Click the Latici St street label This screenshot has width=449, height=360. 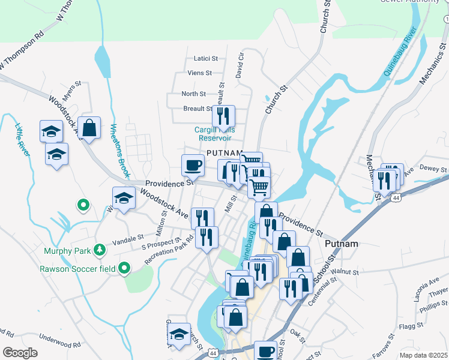coord(205,58)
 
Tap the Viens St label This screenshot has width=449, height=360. coord(200,73)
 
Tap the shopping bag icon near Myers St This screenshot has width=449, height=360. coord(89,128)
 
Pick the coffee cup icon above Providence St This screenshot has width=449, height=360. coord(193,164)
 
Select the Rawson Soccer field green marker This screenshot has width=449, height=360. coord(124,268)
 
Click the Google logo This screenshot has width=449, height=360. coord(19,352)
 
